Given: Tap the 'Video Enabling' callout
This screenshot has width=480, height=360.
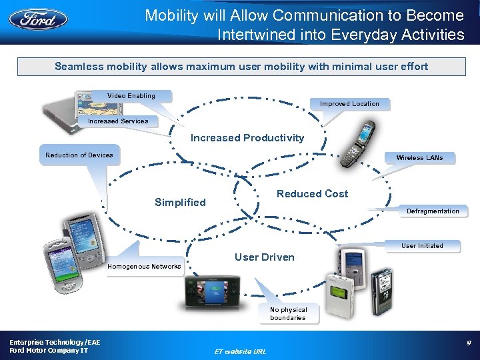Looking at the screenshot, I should tap(131, 96).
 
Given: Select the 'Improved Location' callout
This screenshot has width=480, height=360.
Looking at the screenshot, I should tap(349, 104).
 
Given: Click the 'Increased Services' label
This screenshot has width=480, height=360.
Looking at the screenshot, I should tap(118, 121).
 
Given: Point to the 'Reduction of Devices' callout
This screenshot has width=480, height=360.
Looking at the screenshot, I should tap(79, 155).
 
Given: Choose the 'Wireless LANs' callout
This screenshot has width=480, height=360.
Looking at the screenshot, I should tap(419, 158).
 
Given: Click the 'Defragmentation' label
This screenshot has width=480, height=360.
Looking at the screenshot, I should tap(433, 211).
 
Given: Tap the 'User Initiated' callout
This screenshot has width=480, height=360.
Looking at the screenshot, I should tap(422, 246).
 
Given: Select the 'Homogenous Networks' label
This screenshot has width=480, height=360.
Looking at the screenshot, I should tap(144, 267).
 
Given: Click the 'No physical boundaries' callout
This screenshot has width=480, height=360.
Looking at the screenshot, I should tap(288, 314).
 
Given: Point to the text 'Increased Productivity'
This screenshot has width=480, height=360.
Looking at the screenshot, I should tap(247, 138).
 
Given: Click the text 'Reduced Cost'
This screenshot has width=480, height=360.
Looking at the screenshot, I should tap(312, 194).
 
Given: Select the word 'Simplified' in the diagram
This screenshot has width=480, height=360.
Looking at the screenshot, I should tap(180, 203).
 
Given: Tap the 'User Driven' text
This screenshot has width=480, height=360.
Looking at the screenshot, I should tap(264, 257).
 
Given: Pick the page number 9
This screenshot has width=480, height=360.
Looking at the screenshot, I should tap(469, 343).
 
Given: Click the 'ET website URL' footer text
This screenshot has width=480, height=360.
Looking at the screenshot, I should tap(239, 351).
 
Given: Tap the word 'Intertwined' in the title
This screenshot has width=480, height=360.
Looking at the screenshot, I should tap(256, 35).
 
